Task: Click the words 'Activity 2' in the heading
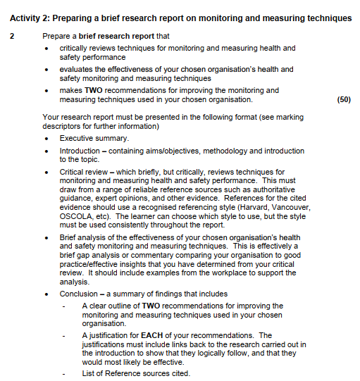(x=30, y=17)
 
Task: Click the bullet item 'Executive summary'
(x=94, y=139)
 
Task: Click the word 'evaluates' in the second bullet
(x=77, y=70)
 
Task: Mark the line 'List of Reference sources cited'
(x=135, y=373)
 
